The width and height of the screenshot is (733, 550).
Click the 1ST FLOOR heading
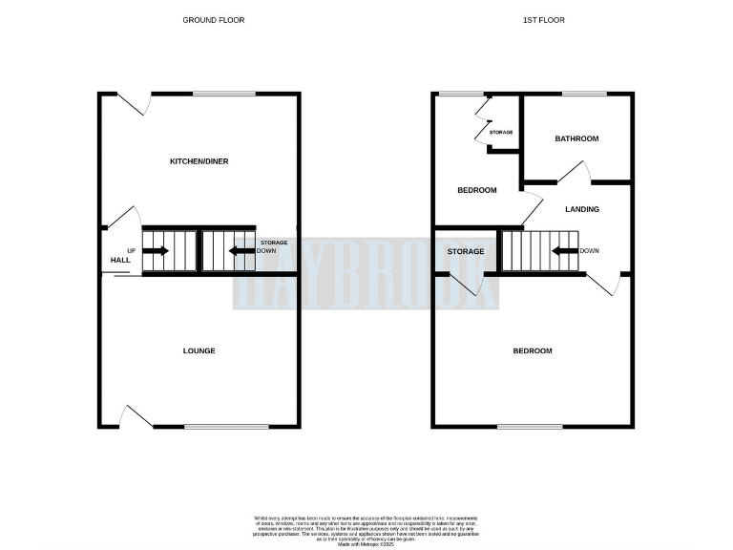pyautogui.click(x=531, y=20)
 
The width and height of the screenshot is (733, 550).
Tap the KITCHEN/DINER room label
pyautogui.click(x=199, y=161)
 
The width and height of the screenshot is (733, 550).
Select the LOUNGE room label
pyautogui.click(x=199, y=350)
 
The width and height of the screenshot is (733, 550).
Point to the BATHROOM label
pyautogui.click(x=576, y=138)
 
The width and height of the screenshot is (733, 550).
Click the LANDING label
pyautogui.click(x=582, y=209)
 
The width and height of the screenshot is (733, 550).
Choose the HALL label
pyautogui.click(x=120, y=260)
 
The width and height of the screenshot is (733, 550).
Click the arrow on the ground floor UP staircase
pyautogui.click(x=156, y=251)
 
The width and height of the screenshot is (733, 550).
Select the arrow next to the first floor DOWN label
pyautogui.click(x=564, y=251)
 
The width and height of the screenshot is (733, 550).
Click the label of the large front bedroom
pyautogui.click(x=533, y=350)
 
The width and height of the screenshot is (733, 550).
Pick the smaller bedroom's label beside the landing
pyautogui.click(x=476, y=190)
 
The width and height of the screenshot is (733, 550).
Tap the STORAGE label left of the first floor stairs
pyautogui.click(x=466, y=251)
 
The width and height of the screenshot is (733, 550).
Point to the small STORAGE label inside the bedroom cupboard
pyautogui.click(x=501, y=132)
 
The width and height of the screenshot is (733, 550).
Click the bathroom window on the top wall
pyautogui.click(x=583, y=94)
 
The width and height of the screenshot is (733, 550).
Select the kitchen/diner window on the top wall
pyautogui.click(x=224, y=94)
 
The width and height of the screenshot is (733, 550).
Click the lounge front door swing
pyautogui.click(x=136, y=416)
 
